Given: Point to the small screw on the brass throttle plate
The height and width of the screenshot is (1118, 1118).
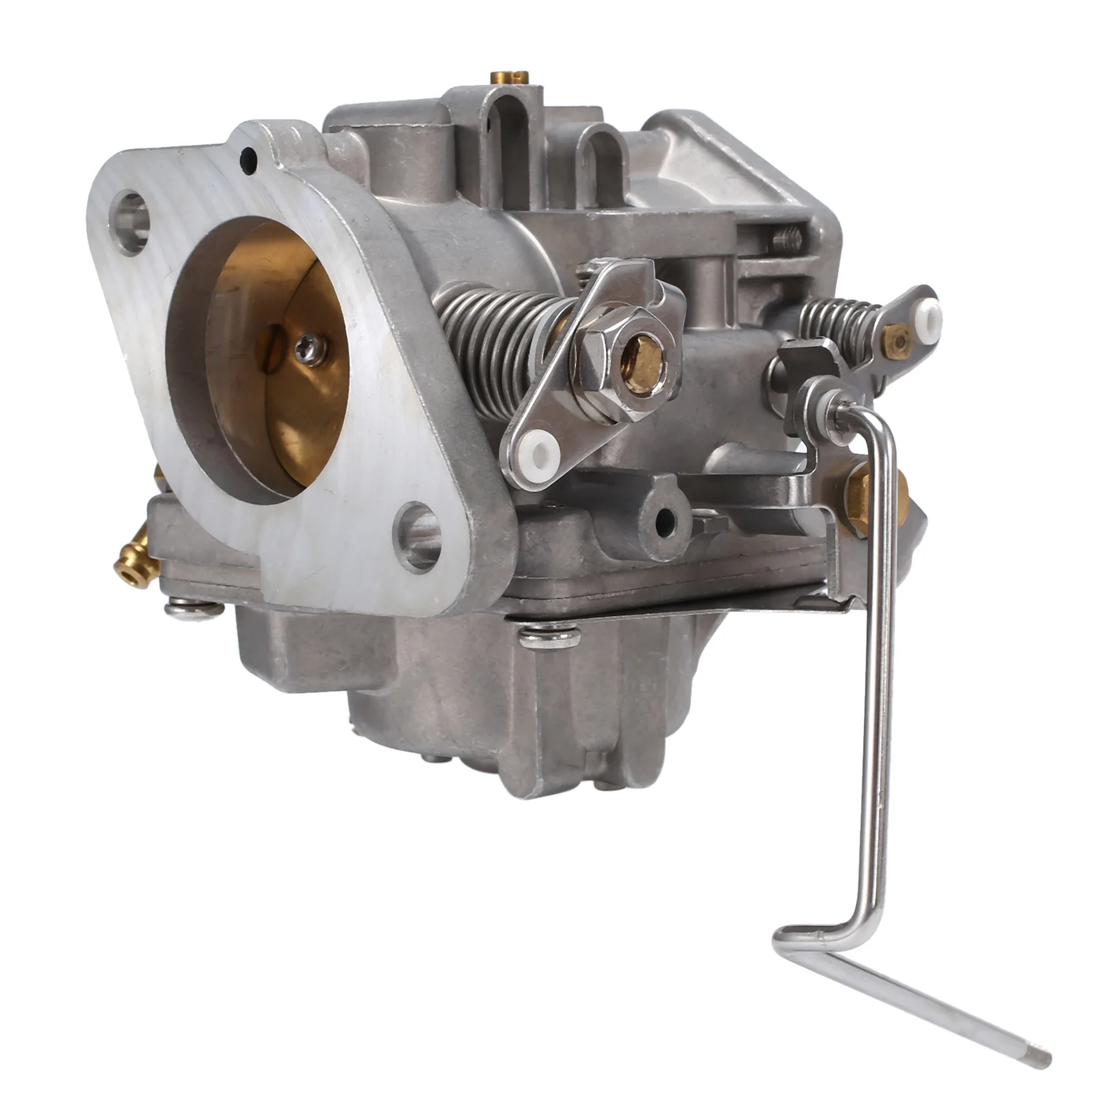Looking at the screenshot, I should click(x=304, y=347).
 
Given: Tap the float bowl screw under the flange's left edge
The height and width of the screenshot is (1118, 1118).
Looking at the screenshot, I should click(x=195, y=610).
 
